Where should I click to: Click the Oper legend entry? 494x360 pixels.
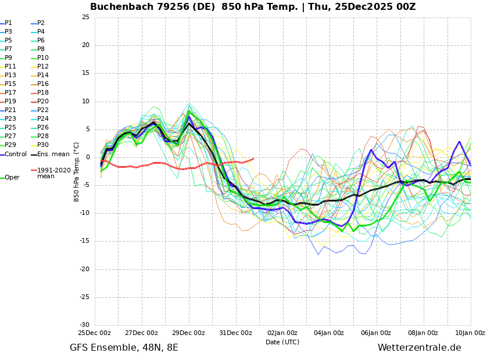pos(12,178)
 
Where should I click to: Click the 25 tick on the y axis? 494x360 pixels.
pos(85,17)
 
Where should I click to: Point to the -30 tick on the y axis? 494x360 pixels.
pos(84,325)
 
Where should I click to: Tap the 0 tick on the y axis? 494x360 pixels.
pos(88,157)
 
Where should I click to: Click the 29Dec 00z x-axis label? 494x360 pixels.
pos(188,333)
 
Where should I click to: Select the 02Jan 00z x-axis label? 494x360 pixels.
pos(282,333)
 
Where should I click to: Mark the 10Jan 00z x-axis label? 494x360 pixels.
pos(470,333)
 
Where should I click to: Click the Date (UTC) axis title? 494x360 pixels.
pos(282,343)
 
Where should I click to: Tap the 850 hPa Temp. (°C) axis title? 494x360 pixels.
pos(77,171)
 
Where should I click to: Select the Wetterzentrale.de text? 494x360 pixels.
pos(419,348)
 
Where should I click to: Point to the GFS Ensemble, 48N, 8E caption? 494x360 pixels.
pos(124,348)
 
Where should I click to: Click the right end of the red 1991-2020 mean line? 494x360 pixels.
pos(253,158)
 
